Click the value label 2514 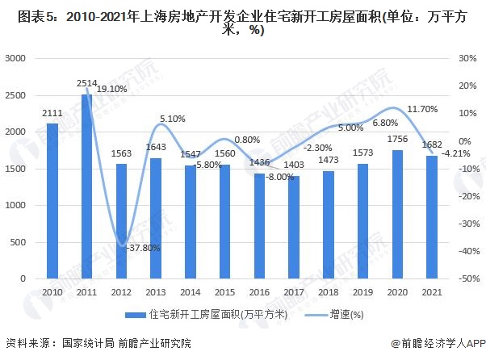coord(87,84)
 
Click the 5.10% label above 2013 coord(172,119)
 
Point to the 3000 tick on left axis coord(17,59)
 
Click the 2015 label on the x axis coord(225,291)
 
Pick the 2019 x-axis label coord(363,291)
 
